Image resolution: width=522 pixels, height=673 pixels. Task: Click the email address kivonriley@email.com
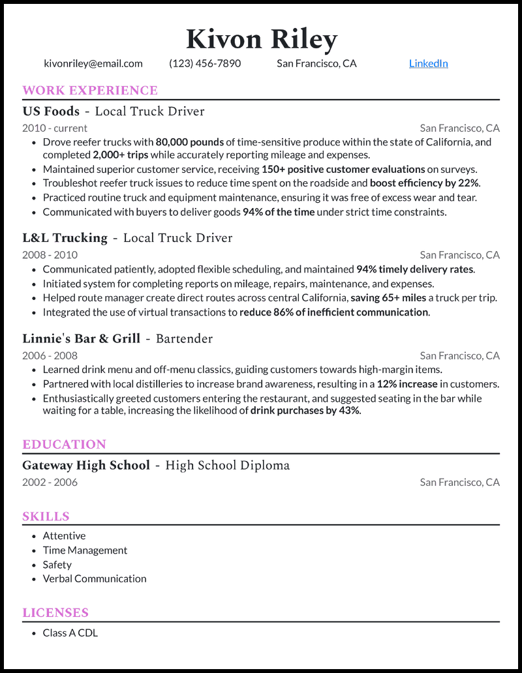pos(93,63)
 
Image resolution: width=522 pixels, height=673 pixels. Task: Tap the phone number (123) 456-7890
pos(205,63)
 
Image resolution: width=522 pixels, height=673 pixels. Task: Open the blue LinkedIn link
pos(428,63)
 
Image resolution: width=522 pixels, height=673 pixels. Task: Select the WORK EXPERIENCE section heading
pos(90,91)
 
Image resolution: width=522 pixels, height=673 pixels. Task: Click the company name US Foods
pos(51,112)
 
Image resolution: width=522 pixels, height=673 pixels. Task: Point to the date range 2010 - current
pos(55,128)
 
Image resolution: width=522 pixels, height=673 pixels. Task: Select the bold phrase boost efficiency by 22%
pos(425,183)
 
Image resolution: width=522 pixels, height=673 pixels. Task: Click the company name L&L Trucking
pos(65,238)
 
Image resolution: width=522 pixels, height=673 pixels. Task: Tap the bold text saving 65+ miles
pos(388,298)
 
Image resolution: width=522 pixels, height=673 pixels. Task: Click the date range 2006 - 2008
pos(50,355)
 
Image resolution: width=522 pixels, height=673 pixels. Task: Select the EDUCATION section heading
pos(64,445)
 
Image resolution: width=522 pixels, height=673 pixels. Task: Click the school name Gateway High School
pos(86,466)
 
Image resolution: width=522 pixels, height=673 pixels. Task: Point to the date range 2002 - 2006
pos(50,483)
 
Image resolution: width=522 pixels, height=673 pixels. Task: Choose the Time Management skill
pos(85,550)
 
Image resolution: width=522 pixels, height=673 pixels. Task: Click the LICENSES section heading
pos(55,613)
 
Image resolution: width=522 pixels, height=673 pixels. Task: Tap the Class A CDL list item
pos(70,633)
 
